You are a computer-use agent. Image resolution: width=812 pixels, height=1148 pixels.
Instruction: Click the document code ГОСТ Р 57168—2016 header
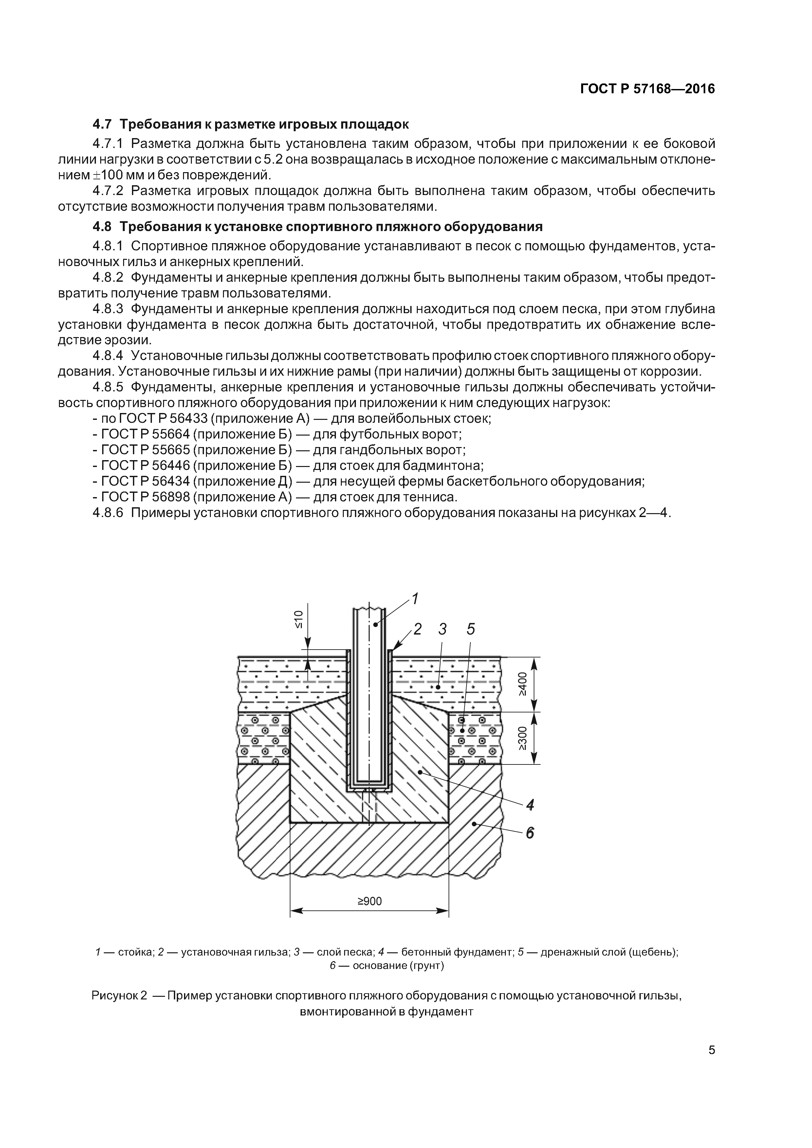(x=647, y=89)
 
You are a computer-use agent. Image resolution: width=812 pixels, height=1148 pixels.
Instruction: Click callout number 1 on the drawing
(x=415, y=599)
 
